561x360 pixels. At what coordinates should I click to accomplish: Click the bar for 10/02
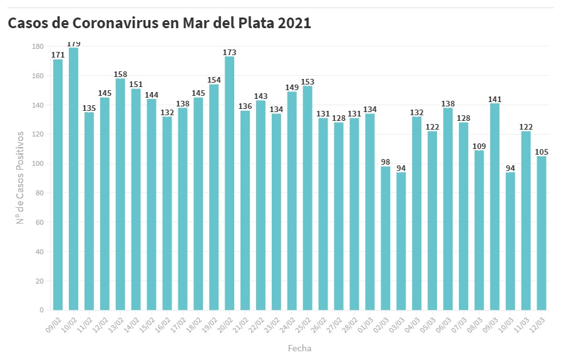(x=73, y=178)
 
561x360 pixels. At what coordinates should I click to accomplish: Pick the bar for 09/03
(x=495, y=207)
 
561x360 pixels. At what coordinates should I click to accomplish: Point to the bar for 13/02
(x=120, y=194)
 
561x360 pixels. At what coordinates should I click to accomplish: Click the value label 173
(x=229, y=52)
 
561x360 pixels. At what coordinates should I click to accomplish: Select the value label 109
(x=479, y=146)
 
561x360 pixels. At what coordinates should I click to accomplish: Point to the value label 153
(x=307, y=81)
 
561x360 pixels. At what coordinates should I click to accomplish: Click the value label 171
(x=58, y=55)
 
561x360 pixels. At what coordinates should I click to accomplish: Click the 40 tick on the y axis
(x=39, y=252)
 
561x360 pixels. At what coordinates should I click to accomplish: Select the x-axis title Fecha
(x=299, y=348)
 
